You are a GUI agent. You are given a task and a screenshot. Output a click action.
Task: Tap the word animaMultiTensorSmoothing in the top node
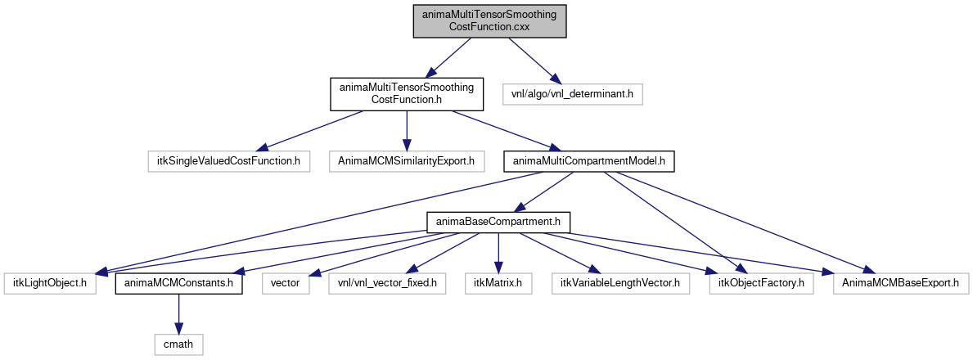(x=489, y=15)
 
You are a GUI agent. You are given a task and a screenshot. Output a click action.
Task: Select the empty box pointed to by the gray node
(x=572, y=94)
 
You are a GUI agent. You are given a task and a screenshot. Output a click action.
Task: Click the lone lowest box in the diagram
(x=178, y=344)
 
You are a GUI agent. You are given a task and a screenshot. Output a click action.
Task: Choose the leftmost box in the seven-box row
(x=50, y=283)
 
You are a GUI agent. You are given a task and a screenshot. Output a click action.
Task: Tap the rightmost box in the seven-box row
(x=901, y=283)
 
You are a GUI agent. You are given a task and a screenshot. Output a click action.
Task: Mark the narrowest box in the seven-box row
(x=286, y=283)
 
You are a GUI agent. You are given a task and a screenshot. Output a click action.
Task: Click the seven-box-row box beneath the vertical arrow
(x=498, y=283)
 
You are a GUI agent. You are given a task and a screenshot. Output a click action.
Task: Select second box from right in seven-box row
(x=761, y=283)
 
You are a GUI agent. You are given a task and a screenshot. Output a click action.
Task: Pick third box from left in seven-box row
(x=387, y=283)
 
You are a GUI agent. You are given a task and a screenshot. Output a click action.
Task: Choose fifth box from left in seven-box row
(x=620, y=283)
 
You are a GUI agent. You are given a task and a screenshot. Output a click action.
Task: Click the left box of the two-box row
(x=228, y=161)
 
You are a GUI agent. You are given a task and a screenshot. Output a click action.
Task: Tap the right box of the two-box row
(x=407, y=161)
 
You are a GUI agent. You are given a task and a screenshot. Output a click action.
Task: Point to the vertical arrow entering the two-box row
(x=407, y=131)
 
